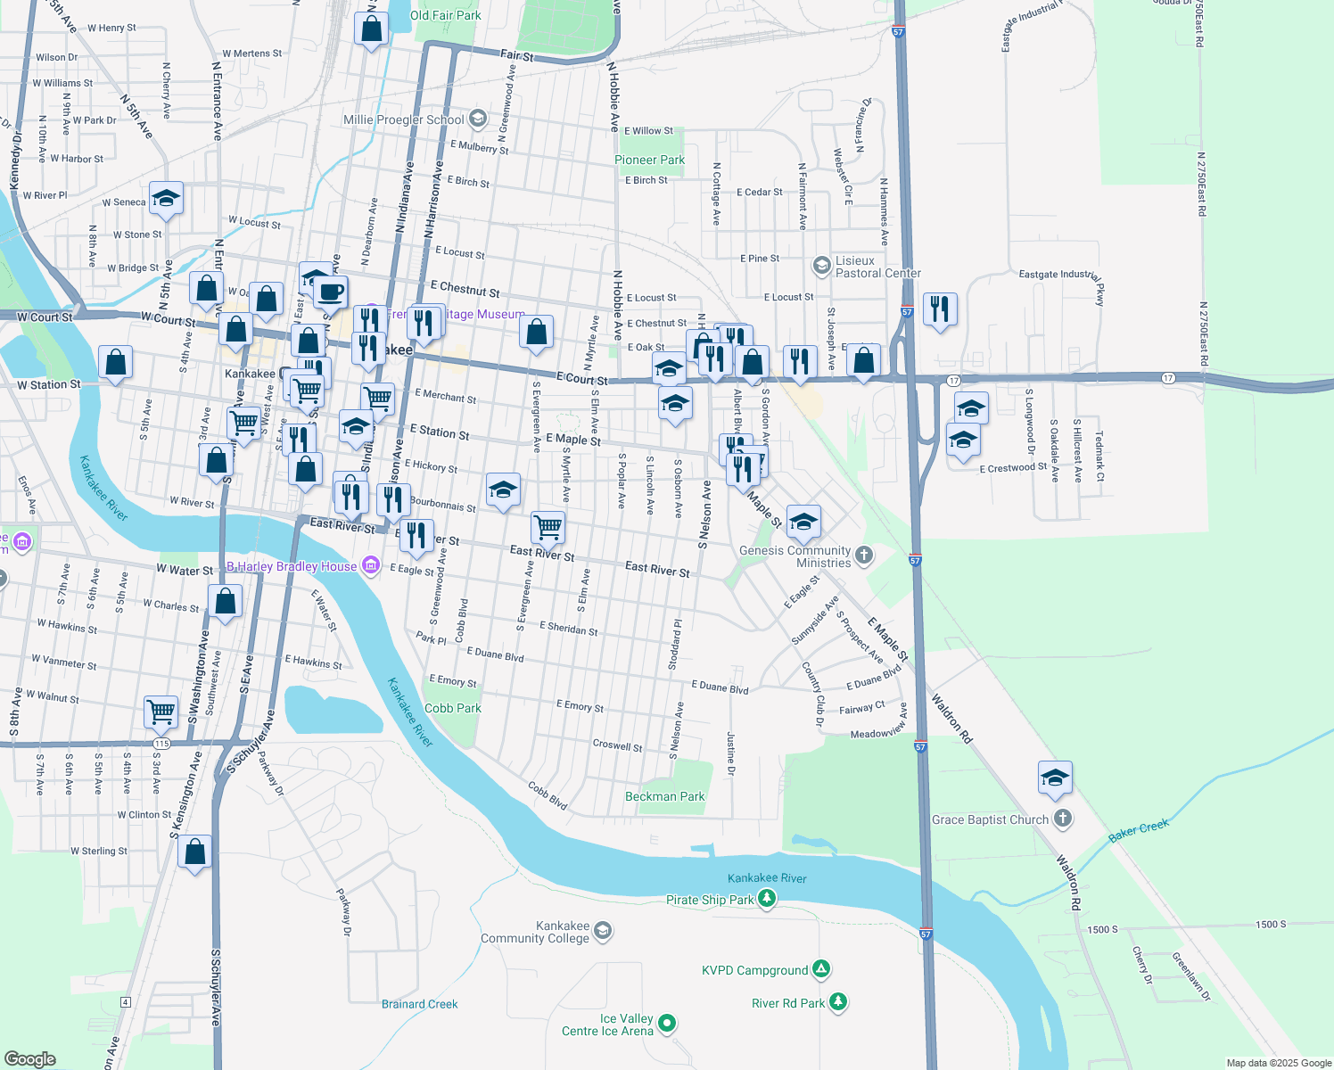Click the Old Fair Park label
[445, 15]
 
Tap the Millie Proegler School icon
[478, 119]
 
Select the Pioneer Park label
[649, 160]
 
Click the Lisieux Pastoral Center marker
[821, 266]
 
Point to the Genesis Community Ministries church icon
[863, 556]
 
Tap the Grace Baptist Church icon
[1062, 819]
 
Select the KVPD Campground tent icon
[821, 969]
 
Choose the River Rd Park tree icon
[837, 1002]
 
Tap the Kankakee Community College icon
[603, 931]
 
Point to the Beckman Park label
[664, 796]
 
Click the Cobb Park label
[452, 708]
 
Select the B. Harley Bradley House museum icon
[372, 565]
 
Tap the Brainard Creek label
[419, 1004]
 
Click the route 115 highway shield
[161, 743]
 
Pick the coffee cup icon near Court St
[331, 292]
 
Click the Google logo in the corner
[30, 1058]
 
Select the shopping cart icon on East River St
[548, 526]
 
